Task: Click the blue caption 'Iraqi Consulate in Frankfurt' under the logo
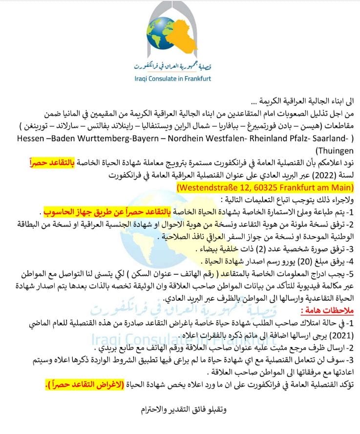coord(180,78)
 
